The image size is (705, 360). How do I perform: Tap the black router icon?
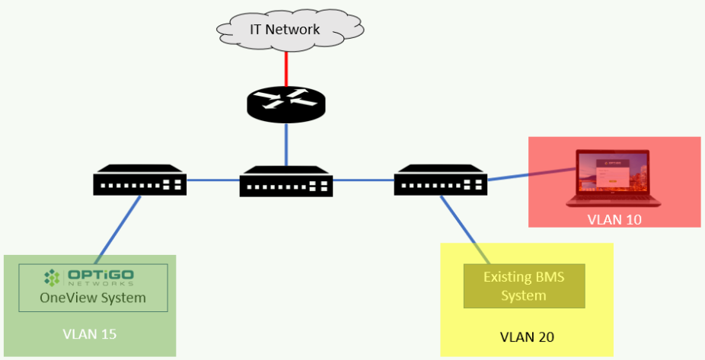click(x=286, y=104)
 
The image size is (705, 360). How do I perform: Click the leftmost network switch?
click(x=140, y=180)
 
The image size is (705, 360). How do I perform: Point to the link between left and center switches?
click(x=213, y=180)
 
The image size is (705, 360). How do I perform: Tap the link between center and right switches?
click(x=364, y=180)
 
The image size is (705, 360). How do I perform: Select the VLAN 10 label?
click(x=614, y=220)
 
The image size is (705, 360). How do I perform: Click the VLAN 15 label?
click(x=90, y=333)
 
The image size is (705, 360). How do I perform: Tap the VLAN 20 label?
click(x=526, y=336)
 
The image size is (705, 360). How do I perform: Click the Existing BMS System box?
click(x=524, y=285)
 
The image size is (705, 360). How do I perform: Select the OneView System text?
click(x=92, y=297)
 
